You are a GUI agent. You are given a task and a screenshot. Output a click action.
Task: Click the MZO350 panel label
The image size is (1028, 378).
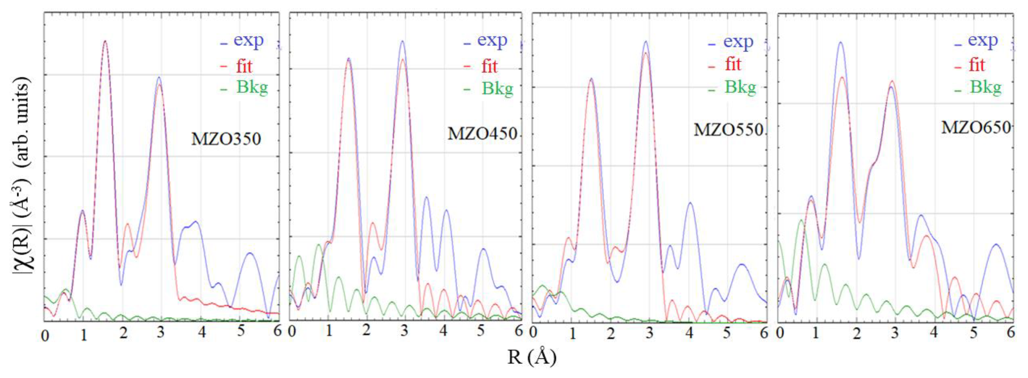pyautogui.click(x=226, y=139)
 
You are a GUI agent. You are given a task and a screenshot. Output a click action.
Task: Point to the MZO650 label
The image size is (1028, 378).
pyautogui.click(x=976, y=127)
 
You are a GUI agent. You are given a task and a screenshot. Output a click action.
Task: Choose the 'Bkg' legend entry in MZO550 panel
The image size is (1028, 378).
pyautogui.click(x=740, y=87)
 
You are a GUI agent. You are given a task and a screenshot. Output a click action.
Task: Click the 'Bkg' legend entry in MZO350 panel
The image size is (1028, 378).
pyautogui.click(x=252, y=87)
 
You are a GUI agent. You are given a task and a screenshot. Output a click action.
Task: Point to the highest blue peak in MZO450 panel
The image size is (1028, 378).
pyautogui.click(x=402, y=41)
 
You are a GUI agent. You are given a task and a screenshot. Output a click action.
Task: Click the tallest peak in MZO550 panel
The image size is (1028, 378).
pyautogui.click(x=646, y=41)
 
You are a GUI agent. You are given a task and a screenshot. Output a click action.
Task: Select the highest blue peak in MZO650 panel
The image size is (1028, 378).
pyautogui.click(x=841, y=42)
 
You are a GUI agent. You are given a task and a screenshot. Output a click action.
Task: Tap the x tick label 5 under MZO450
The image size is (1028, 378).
pyautogui.click(x=481, y=331)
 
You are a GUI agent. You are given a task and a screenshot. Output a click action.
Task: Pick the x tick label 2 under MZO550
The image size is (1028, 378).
pyautogui.click(x=611, y=333)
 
